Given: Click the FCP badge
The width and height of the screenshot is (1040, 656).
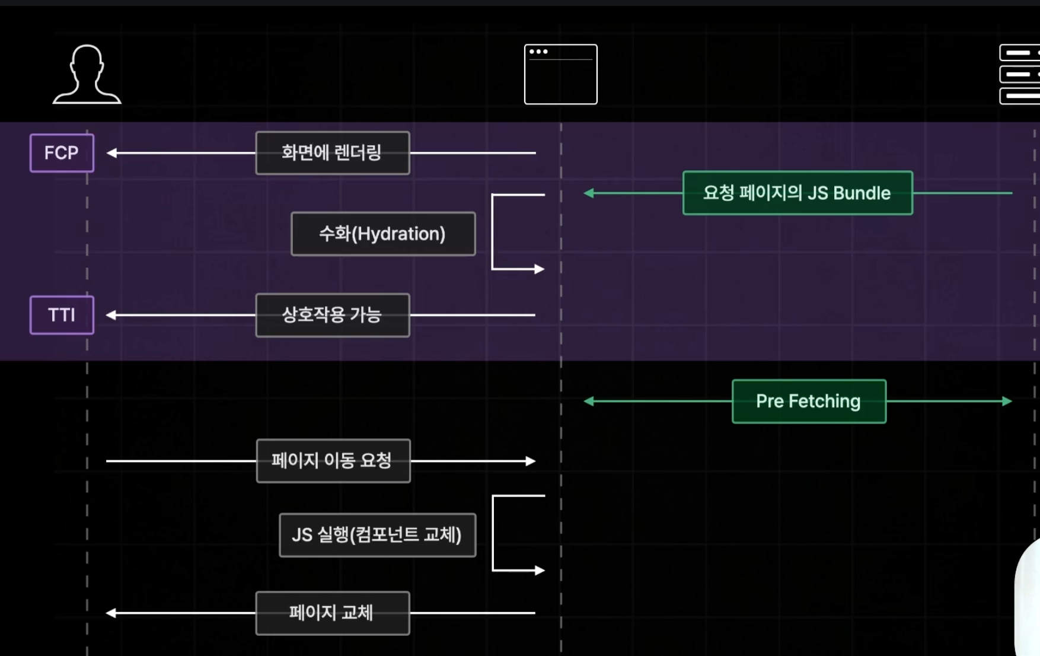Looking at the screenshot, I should pyautogui.click(x=62, y=153).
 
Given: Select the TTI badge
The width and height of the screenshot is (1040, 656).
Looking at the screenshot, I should pyautogui.click(x=62, y=315).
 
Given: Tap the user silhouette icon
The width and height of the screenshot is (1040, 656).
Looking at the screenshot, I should pyautogui.click(x=87, y=75).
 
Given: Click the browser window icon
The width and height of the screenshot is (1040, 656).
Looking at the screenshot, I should pyautogui.click(x=560, y=75).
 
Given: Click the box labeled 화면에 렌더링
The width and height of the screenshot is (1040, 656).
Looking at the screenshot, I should pyautogui.click(x=332, y=153).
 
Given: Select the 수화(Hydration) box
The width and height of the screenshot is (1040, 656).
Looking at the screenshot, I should pyautogui.click(x=383, y=234).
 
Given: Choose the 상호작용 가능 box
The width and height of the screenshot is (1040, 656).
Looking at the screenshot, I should pyautogui.click(x=332, y=315).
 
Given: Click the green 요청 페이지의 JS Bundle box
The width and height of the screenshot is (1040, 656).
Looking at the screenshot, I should pyautogui.click(x=797, y=193).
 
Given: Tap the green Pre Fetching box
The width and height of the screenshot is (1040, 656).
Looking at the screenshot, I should pyautogui.click(x=809, y=402).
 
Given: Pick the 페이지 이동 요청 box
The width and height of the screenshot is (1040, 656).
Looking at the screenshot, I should pyautogui.click(x=333, y=461).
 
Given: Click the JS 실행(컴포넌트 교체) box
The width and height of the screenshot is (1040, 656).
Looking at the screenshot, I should pyautogui.click(x=377, y=535).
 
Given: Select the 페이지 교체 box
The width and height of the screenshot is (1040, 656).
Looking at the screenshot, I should pyautogui.click(x=332, y=613).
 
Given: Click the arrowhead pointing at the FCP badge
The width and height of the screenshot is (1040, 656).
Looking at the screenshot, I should pyautogui.click(x=111, y=153).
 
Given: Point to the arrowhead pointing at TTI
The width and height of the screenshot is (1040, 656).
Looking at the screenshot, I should pyautogui.click(x=111, y=315).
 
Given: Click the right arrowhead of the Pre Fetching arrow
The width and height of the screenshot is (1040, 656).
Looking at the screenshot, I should pyautogui.click(x=1007, y=402).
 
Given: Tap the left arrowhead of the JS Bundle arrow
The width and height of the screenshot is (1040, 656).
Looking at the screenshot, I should pyautogui.click(x=589, y=193).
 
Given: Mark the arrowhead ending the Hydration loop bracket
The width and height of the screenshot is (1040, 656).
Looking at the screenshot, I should pyautogui.click(x=539, y=269).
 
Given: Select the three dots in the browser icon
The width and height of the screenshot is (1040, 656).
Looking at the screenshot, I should pyautogui.click(x=538, y=52).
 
